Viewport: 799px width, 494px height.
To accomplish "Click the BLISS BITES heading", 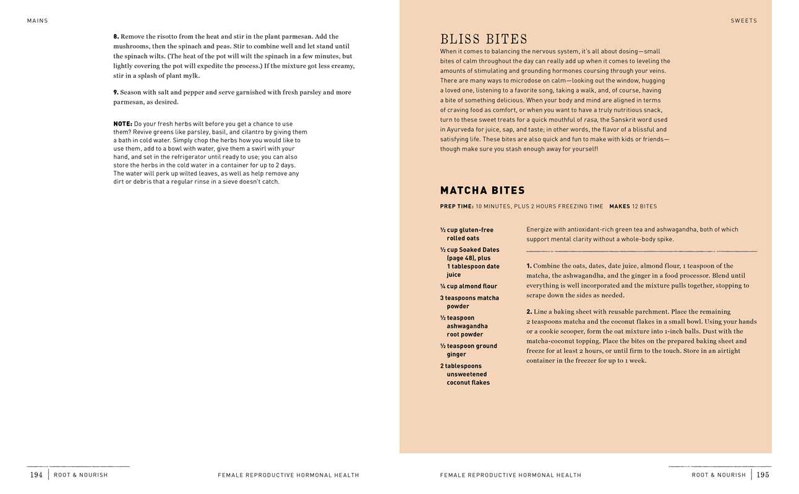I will coord(484,40).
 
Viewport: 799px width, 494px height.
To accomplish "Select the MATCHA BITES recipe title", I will coord(482,190).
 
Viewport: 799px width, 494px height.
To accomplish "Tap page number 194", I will coord(36,475).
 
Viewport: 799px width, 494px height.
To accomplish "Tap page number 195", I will coord(763,475).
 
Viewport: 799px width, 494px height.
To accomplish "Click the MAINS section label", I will coord(37,20).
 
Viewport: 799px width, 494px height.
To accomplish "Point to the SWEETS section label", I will coord(743,20).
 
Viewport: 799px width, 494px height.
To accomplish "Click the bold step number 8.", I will coord(116,36).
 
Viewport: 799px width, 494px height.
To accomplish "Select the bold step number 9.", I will coord(116,92).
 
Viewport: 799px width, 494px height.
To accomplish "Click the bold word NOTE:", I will coord(122,124).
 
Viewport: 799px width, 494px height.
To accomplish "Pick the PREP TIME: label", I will coord(456,207).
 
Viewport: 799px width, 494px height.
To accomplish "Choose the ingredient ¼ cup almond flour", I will coord(468,286).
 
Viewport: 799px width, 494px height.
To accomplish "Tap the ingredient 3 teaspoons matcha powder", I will coord(469,302).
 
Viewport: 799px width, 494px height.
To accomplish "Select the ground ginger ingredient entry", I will coord(468,350).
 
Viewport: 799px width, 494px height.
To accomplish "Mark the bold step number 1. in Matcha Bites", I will coord(529,266).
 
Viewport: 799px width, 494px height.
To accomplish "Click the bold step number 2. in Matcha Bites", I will coord(529,312).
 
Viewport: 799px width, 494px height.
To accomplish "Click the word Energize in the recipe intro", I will coord(539,229).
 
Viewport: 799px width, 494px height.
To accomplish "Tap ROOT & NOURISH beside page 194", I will coord(80,475).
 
